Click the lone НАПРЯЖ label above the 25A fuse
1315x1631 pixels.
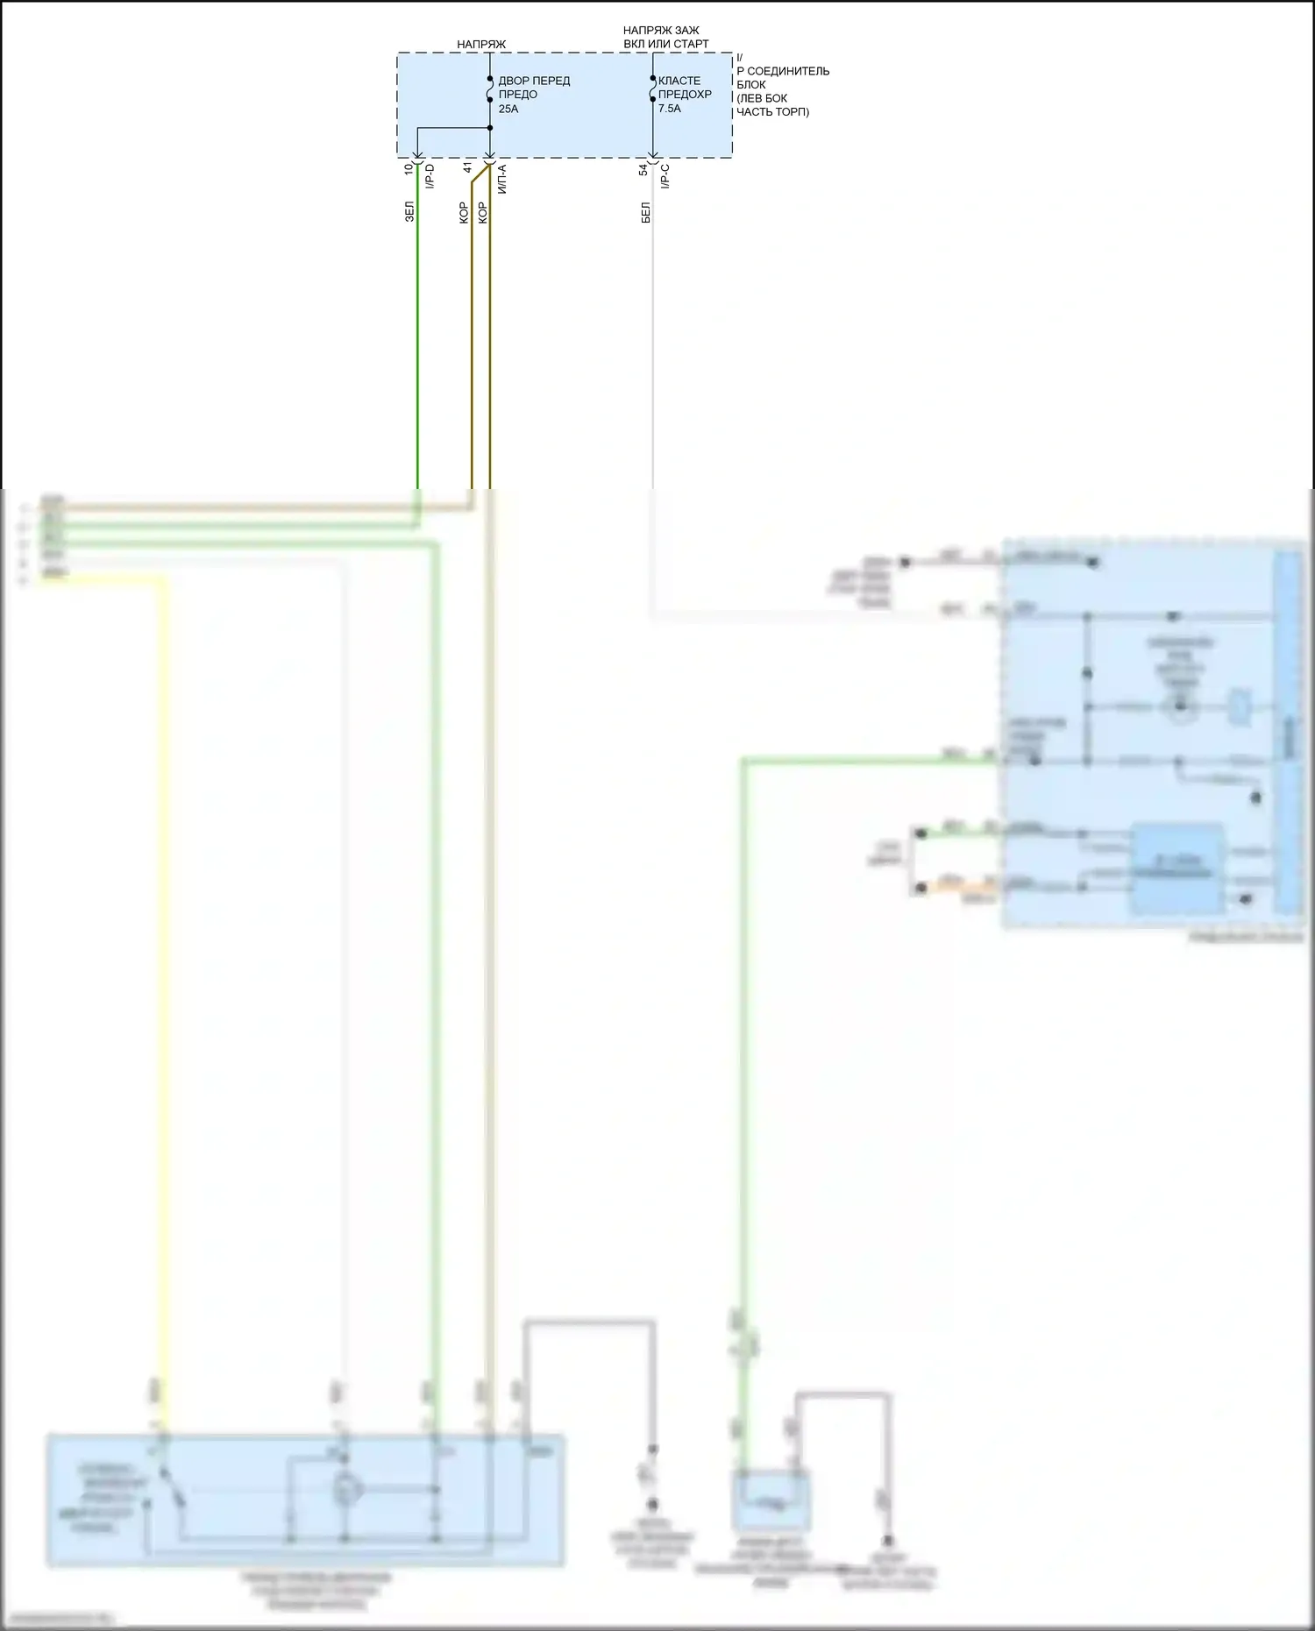click(x=481, y=44)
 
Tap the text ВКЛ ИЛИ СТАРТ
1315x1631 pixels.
click(x=666, y=44)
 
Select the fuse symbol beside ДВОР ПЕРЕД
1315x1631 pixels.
click(x=490, y=89)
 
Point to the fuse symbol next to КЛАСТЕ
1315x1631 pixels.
click(x=652, y=89)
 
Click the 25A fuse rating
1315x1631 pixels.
click(x=508, y=109)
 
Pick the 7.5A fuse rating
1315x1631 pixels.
click(x=670, y=109)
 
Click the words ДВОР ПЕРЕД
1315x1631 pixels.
click(x=534, y=81)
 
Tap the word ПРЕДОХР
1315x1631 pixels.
click(x=685, y=95)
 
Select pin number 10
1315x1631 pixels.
click(x=409, y=168)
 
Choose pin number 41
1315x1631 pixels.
click(x=468, y=167)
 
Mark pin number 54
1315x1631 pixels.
click(x=643, y=169)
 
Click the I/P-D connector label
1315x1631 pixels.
click(x=430, y=176)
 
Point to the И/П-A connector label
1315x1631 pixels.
click(x=502, y=179)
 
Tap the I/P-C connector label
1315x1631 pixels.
click(x=665, y=176)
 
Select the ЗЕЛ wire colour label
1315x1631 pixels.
click(x=409, y=211)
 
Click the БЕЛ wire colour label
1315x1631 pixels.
click(x=645, y=212)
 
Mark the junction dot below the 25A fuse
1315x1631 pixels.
click(x=490, y=128)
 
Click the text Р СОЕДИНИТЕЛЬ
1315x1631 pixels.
click(x=783, y=71)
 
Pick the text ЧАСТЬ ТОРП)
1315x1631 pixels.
click(x=772, y=112)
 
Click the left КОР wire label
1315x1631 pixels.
click(x=464, y=213)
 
